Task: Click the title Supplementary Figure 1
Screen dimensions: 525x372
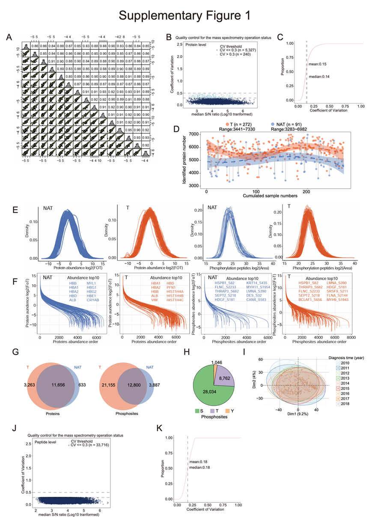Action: [186, 16]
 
